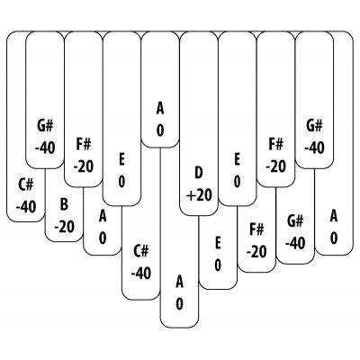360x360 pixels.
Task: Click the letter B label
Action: click(64, 204)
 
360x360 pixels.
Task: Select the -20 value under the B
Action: click(64, 227)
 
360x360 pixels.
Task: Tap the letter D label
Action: click(199, 173)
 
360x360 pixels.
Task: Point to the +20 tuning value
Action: click(199, 195)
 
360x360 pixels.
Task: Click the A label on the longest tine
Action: click(179, 282)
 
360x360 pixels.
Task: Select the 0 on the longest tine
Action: click(179, 304)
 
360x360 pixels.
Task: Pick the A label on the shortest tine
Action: click(160, 109)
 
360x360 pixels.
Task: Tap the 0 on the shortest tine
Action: click(160, 130)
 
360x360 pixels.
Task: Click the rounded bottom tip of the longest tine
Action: click(179, 328)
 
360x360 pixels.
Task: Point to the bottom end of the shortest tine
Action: click(160, 148)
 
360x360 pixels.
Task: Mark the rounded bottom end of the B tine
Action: click(64, 241)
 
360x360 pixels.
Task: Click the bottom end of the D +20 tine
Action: click(199, 215)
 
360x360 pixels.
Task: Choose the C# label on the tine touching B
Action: click(26, 184)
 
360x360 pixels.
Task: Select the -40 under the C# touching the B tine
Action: click(26, 207)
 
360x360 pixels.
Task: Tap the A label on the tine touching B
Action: click(103, 216)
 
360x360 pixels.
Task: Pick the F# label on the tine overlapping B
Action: click(84, 145)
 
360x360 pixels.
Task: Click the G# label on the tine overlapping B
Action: click(45, 126)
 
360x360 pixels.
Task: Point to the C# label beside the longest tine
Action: click(141, 251)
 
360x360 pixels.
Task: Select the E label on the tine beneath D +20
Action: click(218, 243)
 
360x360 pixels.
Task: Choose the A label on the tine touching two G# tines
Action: click(334, 216)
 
